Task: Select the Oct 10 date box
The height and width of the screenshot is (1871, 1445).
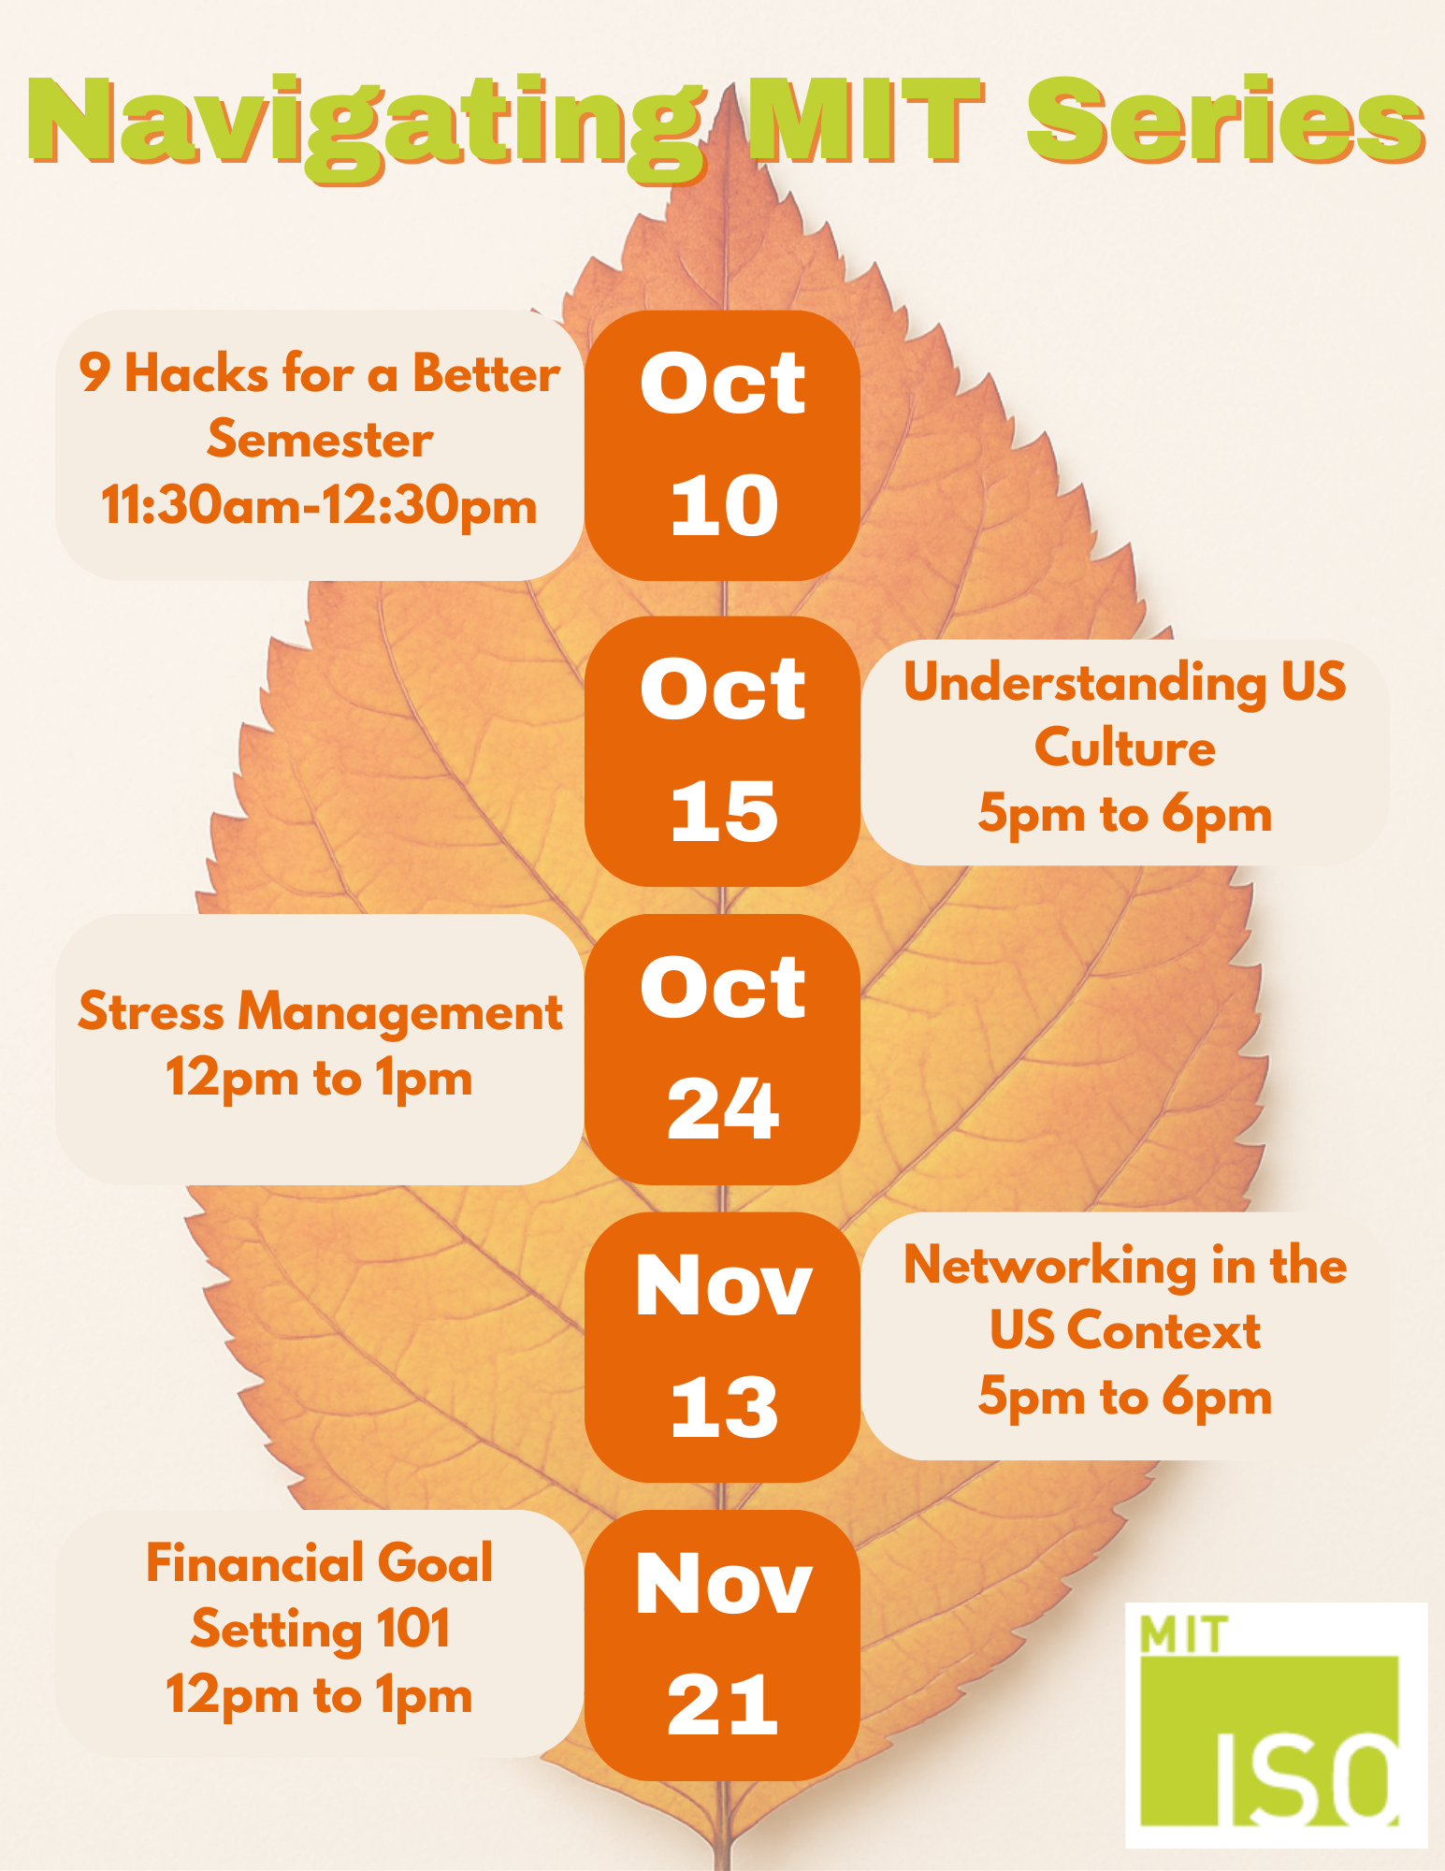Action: [x=722, y=445]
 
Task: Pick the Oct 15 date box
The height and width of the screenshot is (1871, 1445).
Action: [x=722, y=751]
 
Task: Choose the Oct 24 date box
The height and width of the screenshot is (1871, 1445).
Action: [x=722, y=1050]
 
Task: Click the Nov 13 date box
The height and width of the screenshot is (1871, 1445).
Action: [x=722, y=1347]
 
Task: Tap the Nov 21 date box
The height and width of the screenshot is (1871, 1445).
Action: [x=722, y=1646]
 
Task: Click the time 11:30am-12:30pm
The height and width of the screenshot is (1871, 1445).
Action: [x=319, y=507]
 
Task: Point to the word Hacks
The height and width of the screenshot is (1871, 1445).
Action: [x=196, y=373]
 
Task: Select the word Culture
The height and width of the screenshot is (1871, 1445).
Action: [x=1125, y=747]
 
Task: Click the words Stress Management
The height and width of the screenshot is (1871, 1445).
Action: [x=320, y=1011]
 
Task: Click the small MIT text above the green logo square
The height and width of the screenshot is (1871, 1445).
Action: [x=1182, y=1634]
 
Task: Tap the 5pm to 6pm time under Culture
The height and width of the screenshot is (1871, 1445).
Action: [x=1125, y=815]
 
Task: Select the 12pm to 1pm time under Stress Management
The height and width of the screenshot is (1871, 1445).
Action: [x=319, y=1078]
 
